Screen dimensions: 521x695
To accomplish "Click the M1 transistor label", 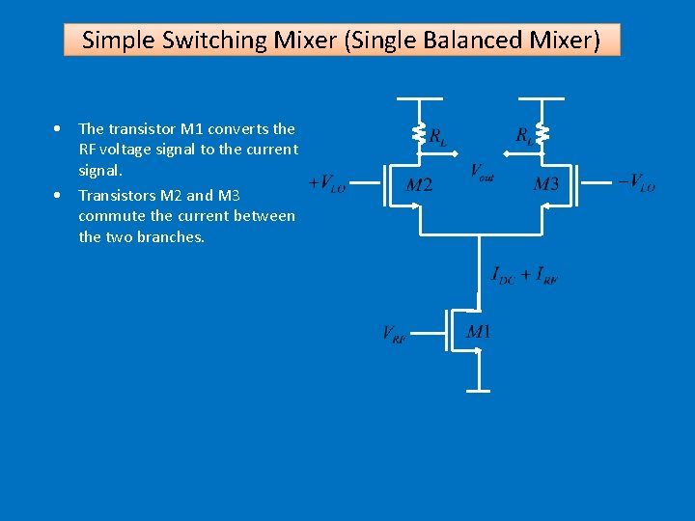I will tap(479, 332).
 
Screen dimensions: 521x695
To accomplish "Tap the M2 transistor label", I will tap(418, 184).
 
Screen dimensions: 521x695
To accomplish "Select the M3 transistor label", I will tap(545, 184).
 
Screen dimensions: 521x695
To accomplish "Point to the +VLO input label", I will tap(327, 183).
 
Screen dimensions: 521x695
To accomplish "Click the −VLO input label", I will tap(636, 183).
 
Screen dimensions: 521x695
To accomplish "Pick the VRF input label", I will tap(394, 334).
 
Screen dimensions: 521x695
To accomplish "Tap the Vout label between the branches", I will tap(482, 172).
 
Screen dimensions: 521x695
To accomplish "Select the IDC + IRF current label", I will tap(524, 276).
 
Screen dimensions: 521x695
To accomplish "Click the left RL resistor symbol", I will tap(419, 133).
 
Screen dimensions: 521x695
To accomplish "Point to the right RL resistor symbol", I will tap(542, 133).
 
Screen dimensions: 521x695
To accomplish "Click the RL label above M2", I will tap(437, 137).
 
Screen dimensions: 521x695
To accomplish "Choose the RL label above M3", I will tap(524, 137).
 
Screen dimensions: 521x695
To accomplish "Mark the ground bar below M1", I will tap(479, 391).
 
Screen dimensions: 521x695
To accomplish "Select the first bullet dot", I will tap(60, 128).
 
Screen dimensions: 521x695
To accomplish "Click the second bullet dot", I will tap(60, 195).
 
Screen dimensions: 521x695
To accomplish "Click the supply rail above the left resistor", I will tap(419, 98).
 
